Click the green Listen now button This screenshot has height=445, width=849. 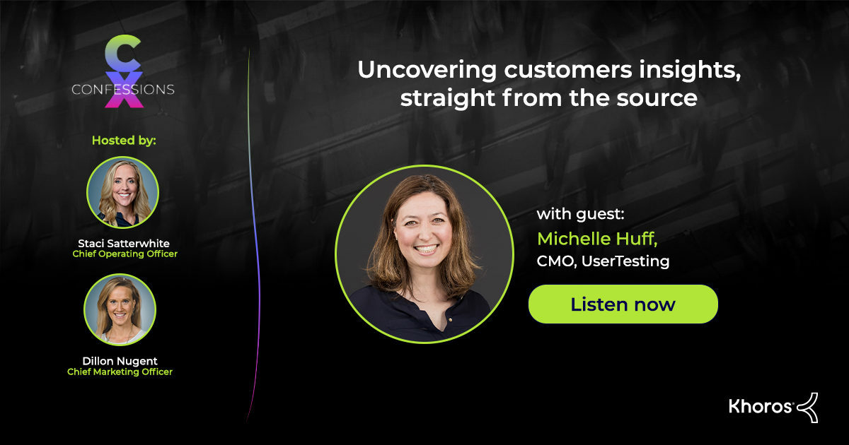[x=623, y=304]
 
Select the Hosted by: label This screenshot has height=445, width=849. [x=124, y=140]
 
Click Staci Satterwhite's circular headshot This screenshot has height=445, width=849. [x=123, y=192]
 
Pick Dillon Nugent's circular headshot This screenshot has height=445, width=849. [x=120, y=309]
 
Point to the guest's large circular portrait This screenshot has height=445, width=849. [x=424, y=254]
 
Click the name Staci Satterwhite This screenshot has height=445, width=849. [x=123, y=243]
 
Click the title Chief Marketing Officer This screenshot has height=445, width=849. [x=120, y=372]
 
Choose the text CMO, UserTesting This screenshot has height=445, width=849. [x=603, y=261]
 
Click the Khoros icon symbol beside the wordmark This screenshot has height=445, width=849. [x=807, y=407]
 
